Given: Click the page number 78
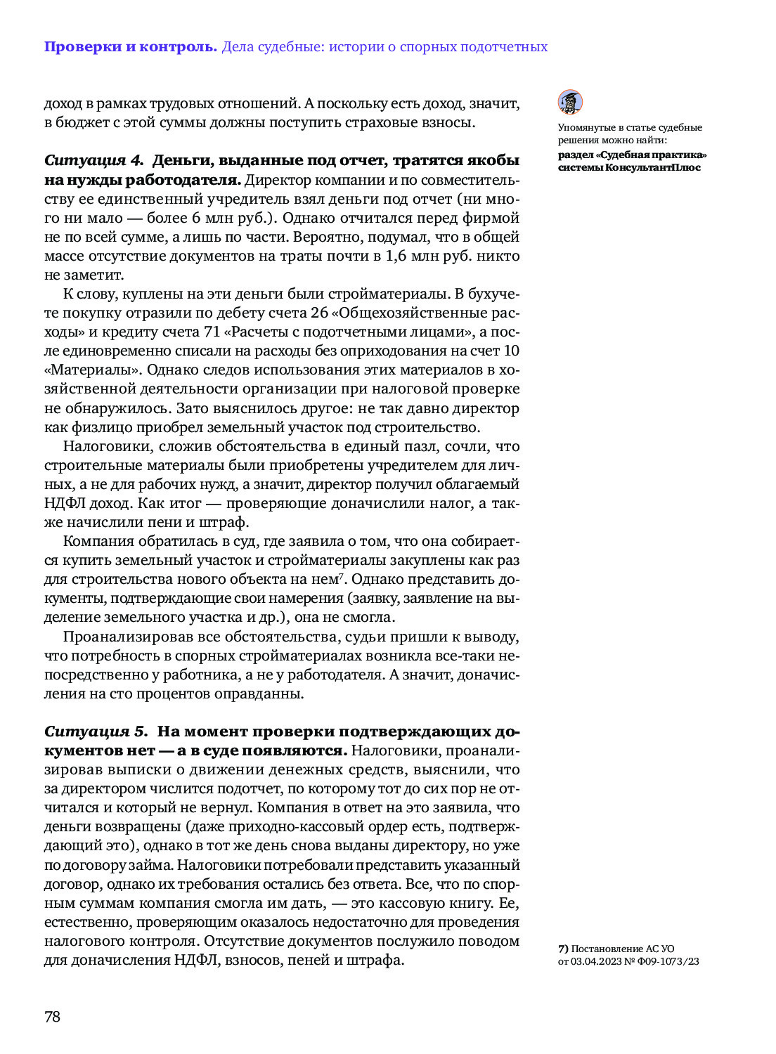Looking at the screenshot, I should click(53, 1016).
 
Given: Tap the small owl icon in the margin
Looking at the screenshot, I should click(570, 103).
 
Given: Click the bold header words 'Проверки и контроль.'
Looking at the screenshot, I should click(131, 47).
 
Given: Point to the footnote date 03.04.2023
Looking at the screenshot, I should click(596, 961).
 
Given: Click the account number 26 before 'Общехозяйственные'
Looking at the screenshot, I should click(319, 313).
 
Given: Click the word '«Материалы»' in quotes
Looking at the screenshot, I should click(92, 370).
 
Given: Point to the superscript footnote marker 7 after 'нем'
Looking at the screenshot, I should click(342, 576).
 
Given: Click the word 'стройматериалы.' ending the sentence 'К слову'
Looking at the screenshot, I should click(393, 294).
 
